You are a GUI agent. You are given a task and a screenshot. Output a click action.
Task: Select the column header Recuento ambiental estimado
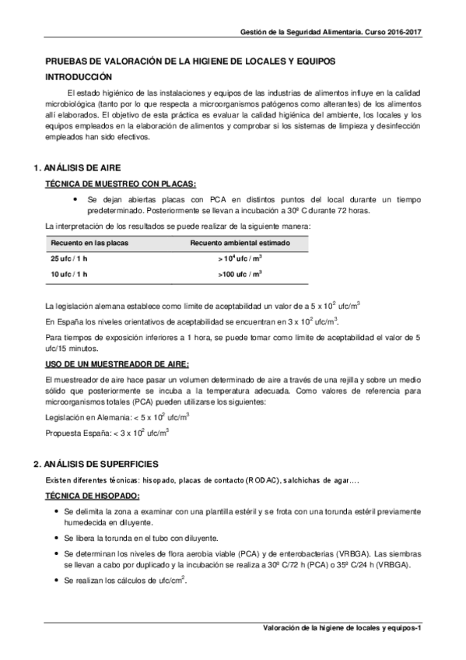[240, 243]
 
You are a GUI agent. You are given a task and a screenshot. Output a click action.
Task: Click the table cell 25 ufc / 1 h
[70, 258]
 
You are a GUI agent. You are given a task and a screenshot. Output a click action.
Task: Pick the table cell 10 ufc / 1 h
[70, 274]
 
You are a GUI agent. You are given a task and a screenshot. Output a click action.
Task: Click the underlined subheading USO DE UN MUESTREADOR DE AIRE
[117, 363]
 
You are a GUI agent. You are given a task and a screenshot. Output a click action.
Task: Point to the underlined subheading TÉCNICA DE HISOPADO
[93, 496]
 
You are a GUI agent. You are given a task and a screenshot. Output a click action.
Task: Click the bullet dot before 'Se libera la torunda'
[59, 538]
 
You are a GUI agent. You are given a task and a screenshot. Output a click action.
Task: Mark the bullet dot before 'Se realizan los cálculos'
[59, 581]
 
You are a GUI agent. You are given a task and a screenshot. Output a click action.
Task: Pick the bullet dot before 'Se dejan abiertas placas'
[73, 199]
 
